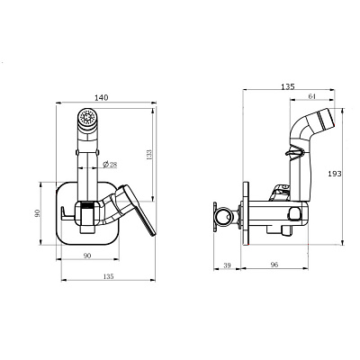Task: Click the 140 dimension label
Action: click(x=101, y=97)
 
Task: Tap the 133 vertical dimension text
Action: click(x=148, y=155)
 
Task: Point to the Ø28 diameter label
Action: click(x=110, y=165)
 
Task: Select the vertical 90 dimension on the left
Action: click(x=38, y=213)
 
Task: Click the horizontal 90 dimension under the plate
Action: click(x=87, y=256)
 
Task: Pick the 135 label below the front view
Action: click(x=108, y=276)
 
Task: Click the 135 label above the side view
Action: click(x=288, y=86)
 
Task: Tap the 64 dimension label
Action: click(x=312, y=96)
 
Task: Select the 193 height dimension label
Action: click(x=335, y=174)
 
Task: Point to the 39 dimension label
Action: click(x=228, y=265)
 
